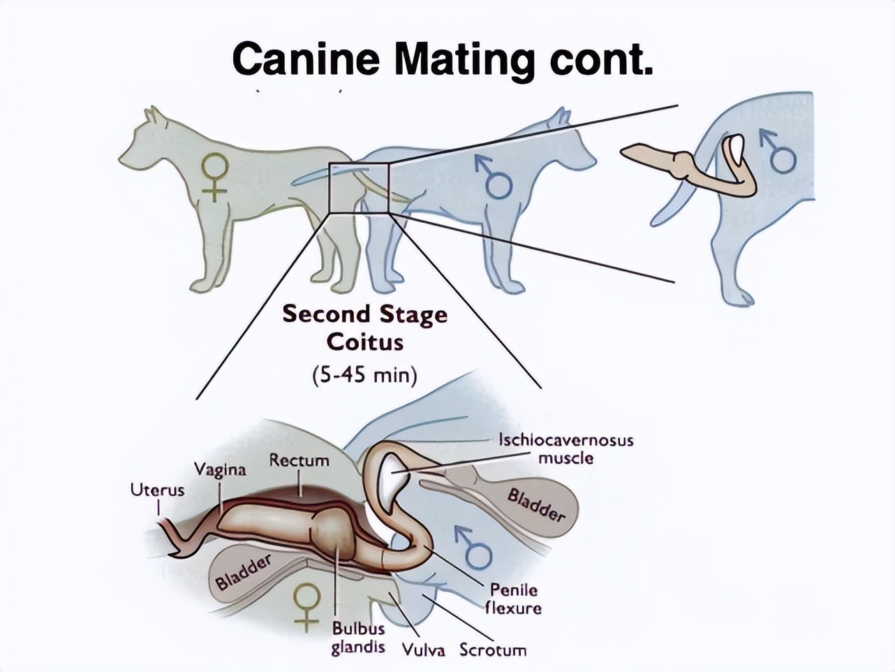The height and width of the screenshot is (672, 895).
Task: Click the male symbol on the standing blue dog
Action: point(494,177)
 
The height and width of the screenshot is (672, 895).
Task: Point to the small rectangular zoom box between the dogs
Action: point(358,188)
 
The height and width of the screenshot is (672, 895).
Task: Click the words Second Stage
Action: point(364,314)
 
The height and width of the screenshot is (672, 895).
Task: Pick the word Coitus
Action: point(364,342)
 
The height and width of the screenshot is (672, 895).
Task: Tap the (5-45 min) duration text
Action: point(364,375)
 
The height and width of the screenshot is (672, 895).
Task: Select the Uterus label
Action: point(157,490)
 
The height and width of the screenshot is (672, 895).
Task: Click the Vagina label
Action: point(220,469)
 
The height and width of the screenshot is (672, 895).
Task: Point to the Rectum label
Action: point(299,460)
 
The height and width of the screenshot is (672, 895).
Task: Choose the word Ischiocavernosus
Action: point(565,440)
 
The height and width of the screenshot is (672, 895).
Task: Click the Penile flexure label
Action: point(513,599)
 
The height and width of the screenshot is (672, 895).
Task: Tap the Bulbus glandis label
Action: point(357,638)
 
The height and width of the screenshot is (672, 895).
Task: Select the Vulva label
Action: point(423,650)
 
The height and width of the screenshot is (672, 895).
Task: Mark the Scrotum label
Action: point(493,650)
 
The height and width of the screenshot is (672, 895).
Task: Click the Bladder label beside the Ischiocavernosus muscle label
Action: point(535,505)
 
